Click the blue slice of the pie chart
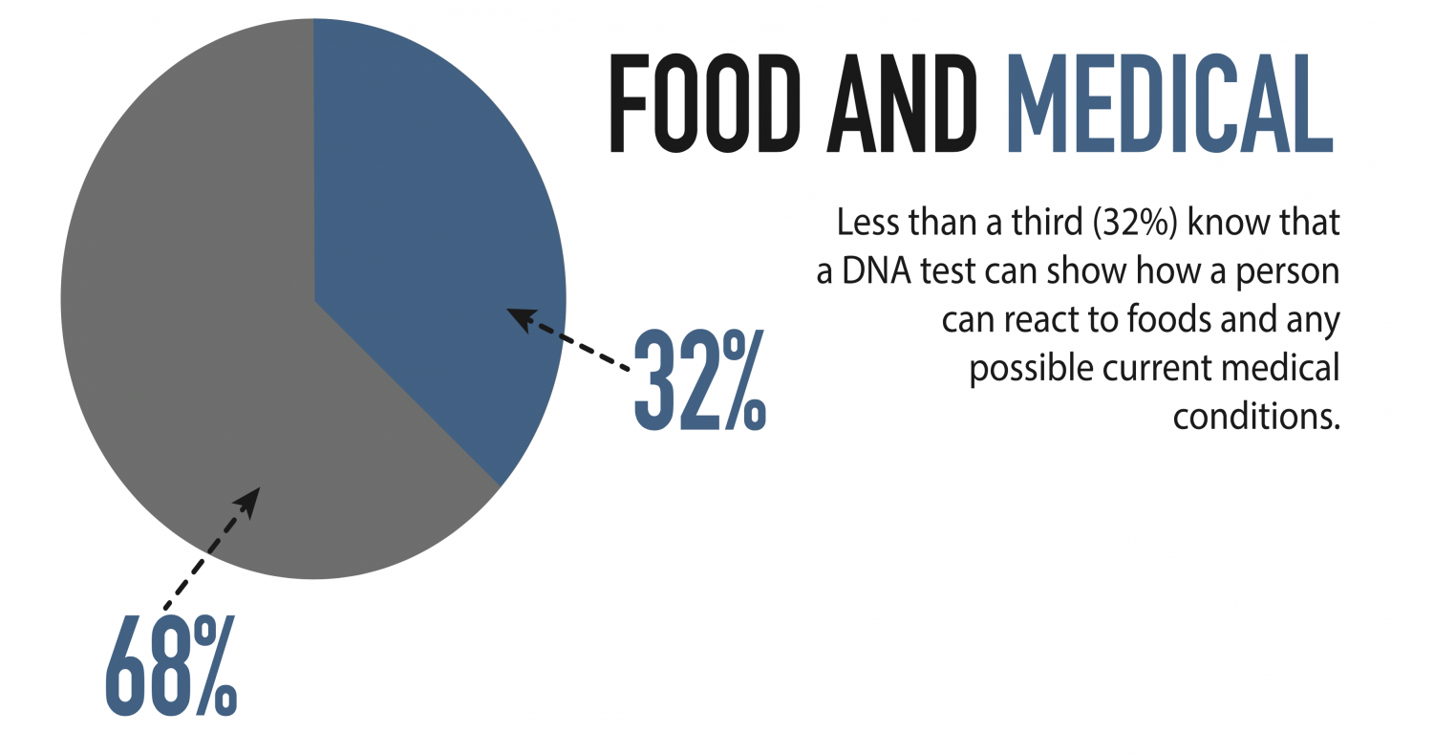[x=429, y=211]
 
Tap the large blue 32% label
[x=699, y=380]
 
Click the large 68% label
[x=171, y=665]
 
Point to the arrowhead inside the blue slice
[x=521, y=318]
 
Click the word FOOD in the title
[x=705, y=103]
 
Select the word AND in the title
[x=902, y=103]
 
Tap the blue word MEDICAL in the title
[x=1169, y=103]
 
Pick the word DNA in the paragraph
[x=876, y=271]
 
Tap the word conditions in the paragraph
[x=1256, y=417]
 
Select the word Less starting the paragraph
[x=867, y=223]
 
